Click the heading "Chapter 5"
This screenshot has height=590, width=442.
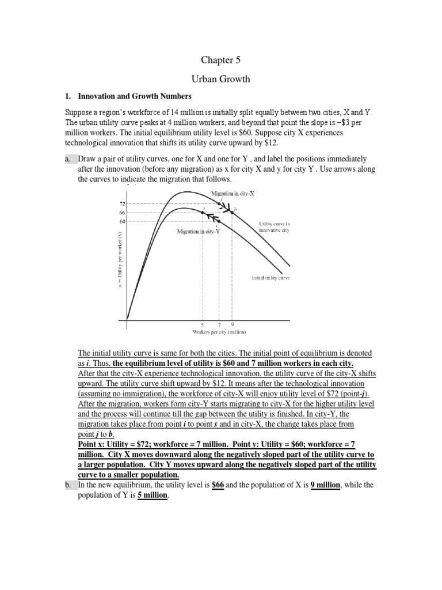tap(220, 60)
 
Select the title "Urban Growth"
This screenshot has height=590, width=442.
tap(220, 79)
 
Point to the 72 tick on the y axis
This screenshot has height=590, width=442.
tap(122, 204)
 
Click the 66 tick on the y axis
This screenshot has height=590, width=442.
tap(122, 213)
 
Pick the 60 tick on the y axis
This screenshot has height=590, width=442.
tap(122, 221)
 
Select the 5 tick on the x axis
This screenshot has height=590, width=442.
tap(202, 324)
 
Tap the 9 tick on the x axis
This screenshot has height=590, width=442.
tap(232, 324)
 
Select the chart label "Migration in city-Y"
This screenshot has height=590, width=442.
tap(199, 232)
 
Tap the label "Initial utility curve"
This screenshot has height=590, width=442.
tap(270, 278)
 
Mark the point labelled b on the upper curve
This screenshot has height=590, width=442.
tap(232, 212)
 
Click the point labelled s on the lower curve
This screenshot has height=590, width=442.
tap(202, 213)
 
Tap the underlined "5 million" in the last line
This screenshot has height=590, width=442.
tap(153, 495)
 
